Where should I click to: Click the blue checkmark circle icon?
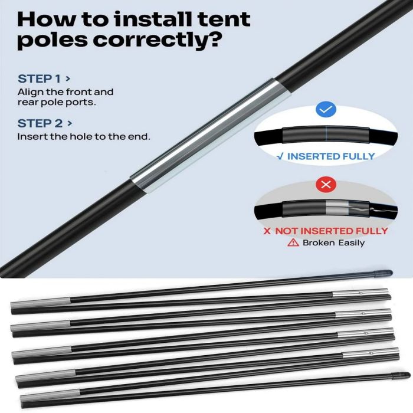coord(326,109)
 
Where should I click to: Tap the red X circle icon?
coord(326,184)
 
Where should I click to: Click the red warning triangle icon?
coord(293,242)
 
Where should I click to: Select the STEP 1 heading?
coord(44,78)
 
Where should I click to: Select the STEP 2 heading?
coord(45,123)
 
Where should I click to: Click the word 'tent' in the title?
coord(224,19)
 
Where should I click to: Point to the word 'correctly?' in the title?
coord(156,40)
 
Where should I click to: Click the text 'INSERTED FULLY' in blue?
coord(331,156)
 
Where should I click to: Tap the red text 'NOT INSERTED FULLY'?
coord(332,231)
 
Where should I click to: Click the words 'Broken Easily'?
coord(334,242)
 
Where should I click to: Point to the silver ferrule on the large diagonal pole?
coord(211,136)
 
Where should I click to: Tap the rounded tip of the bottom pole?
coord(401,375)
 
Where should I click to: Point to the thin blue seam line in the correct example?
coord(326,135)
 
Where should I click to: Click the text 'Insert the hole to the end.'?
coord(84,137)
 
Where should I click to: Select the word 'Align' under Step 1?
coord(31,93)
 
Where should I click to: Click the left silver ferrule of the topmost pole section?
coord(41,302)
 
